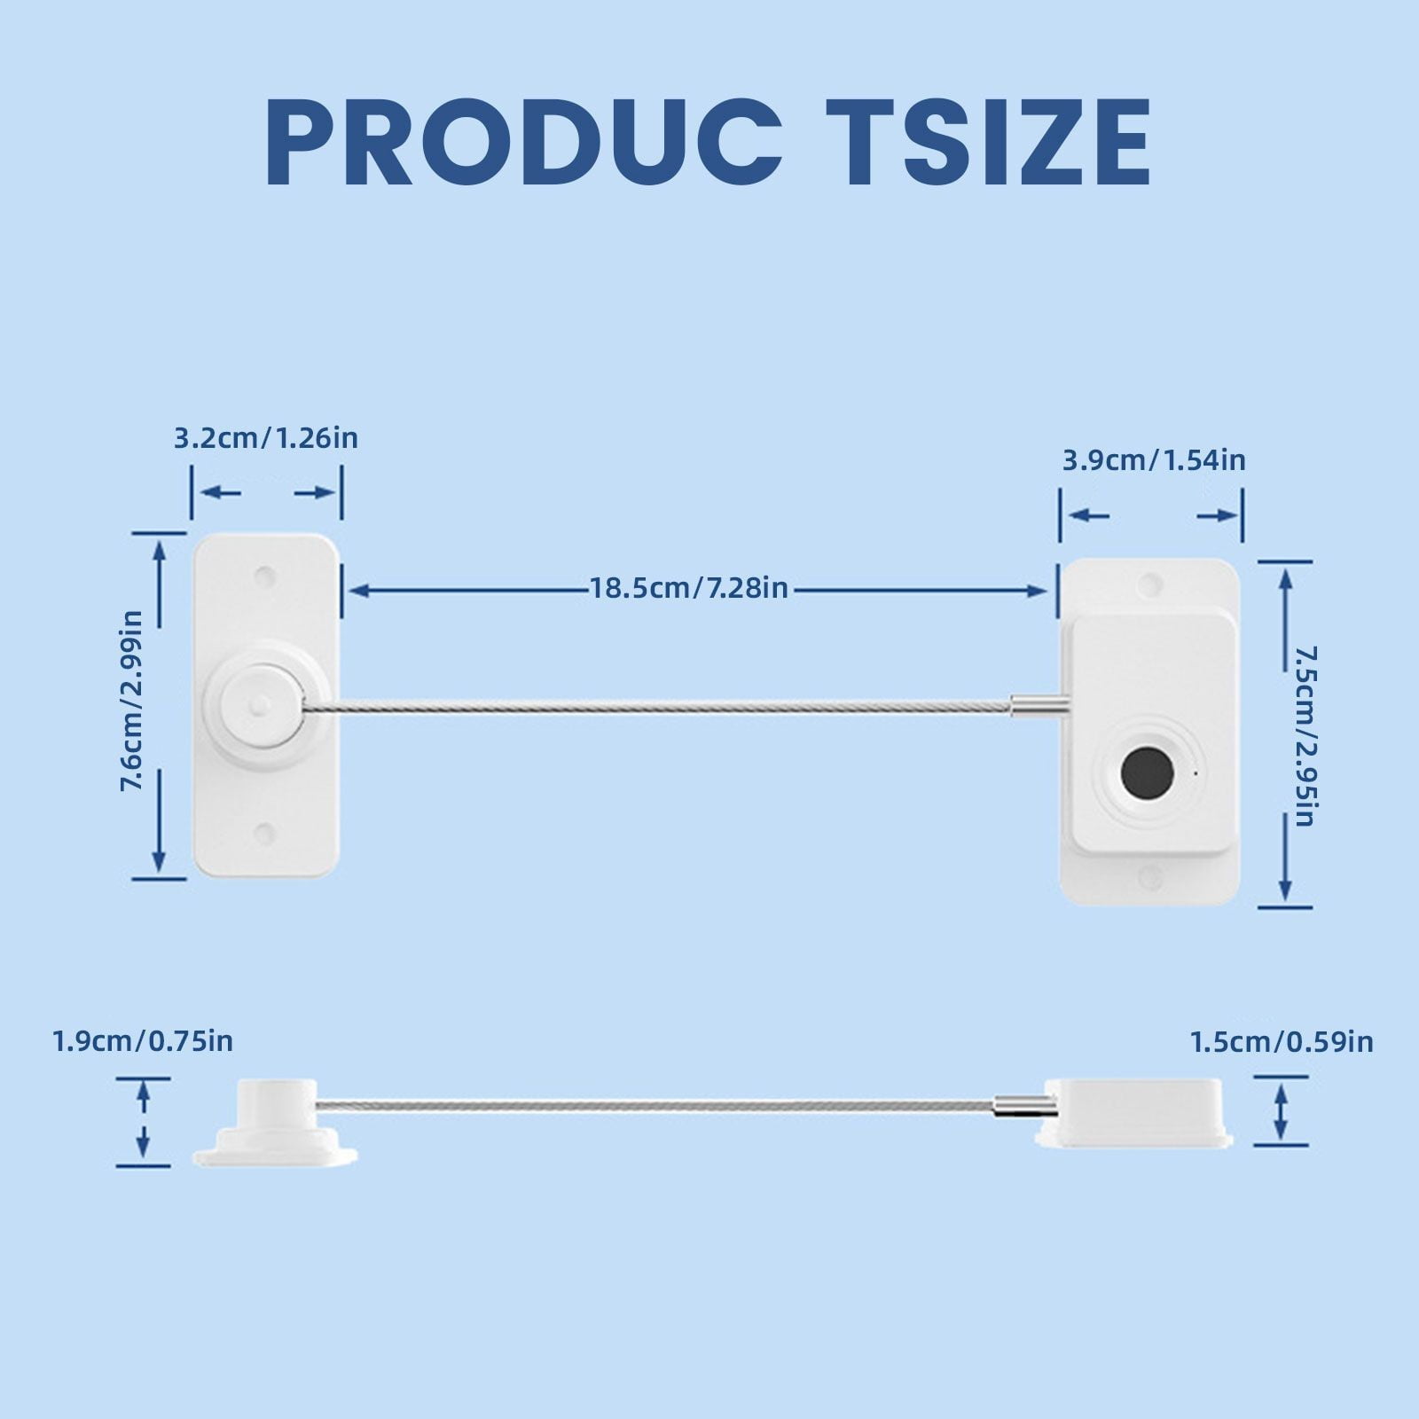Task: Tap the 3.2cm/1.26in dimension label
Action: pos(265,438)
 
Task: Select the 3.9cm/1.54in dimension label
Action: pos(1154,460)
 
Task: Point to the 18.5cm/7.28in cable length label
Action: pos(690,588)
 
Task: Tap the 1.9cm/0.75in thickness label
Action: pos(143,1040)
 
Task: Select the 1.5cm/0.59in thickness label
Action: pos(1282,1042)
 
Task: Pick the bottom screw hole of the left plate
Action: pos(264,833)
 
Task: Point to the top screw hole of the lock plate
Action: pos(1150,585)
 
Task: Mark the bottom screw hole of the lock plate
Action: pos(1150,878)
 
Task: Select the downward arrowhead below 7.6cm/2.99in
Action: pos(159,859)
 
